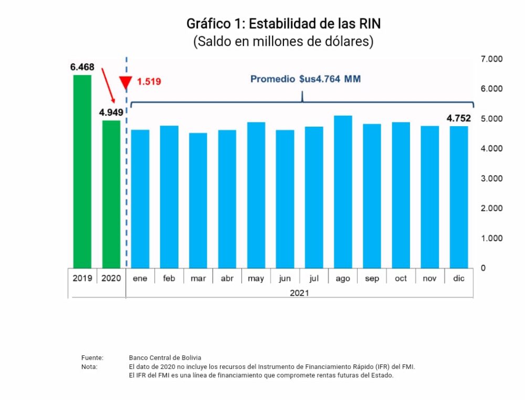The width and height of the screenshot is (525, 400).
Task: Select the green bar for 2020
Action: pyautogui.click(x=111, y=194)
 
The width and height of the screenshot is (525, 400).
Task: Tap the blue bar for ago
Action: pyautogui.click(x=343, y=192)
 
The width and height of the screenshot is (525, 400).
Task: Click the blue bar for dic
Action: pyautogui.click(x=459, y=197)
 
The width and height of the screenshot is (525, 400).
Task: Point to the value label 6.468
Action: pyautogui.click(x=82, y=67)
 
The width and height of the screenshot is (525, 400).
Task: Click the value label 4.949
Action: pyautogui.click(x=111, y=112)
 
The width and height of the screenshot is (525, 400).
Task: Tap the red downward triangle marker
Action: pyautogui.click(x=126, y=83)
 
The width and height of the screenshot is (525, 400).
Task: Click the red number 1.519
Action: pyautogui.click(x=149, y=81)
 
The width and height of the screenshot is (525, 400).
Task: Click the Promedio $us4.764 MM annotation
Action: pyautogui.click(x=306, y=79)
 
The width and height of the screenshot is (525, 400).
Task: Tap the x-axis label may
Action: pyautogui.click(x=256, y=279)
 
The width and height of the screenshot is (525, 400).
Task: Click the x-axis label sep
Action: pyautogui.click(x=372, y=279)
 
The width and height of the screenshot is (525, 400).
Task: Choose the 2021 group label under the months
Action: pyautogui.click(x=299, y=292)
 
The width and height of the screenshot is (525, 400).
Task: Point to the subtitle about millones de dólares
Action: pyautogui.click(x=283, y=42)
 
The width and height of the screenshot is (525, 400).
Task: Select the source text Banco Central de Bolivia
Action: pyautogui.click(x=165, y=357)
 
